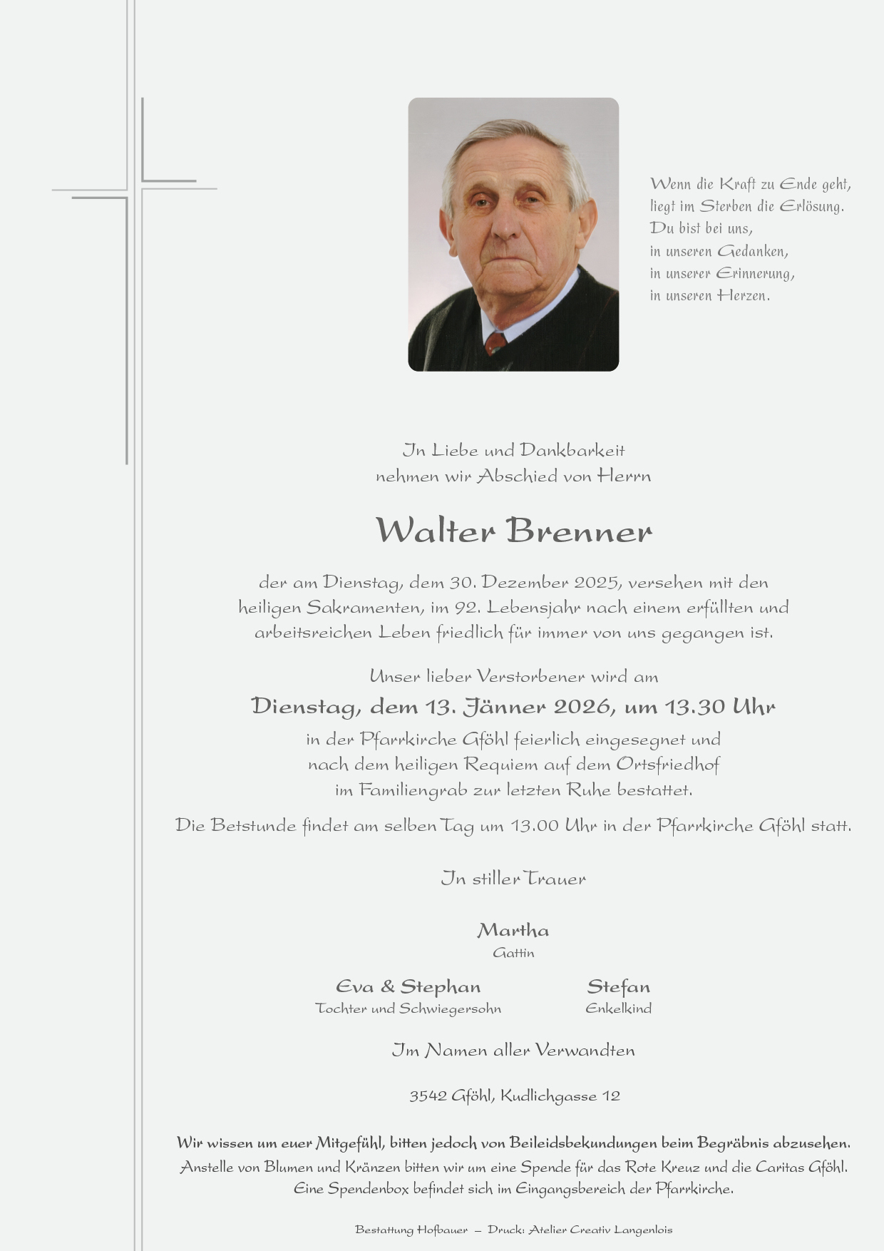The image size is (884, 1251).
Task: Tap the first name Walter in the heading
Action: tap(435, 531)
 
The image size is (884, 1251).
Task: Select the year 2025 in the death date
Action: tap(596, 583)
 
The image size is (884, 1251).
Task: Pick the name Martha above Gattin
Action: tap(513, 931)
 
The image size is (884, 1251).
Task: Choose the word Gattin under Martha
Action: tap(513, 953)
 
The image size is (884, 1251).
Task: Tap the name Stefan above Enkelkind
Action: tap(618, 987)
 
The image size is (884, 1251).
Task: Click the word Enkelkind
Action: tap(618, 1009)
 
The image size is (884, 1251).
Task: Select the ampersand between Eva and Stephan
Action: tap(387, 987)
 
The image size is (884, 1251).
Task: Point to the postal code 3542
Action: tap(427, 1096)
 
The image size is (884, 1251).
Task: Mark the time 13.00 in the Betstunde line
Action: tap(535, 827)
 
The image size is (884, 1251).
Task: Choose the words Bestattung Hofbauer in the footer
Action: tap(411, 1230)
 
